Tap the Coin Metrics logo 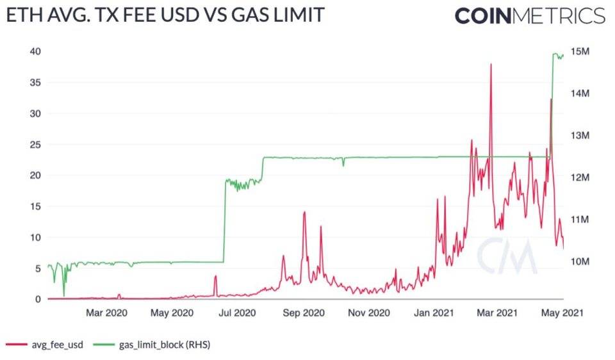click(x=529, y=15)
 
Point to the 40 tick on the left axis click(x=36, y=51)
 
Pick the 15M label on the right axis click(x=584, y=51)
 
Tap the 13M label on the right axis click(x=584, y=136)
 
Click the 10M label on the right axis click(x=584, y=261)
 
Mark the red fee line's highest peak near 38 click(x=491, y=65)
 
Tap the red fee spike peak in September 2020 click(x=304, y=212)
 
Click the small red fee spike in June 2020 click(x=216, y=276)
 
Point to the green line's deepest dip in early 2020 click(x=63, y=295)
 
